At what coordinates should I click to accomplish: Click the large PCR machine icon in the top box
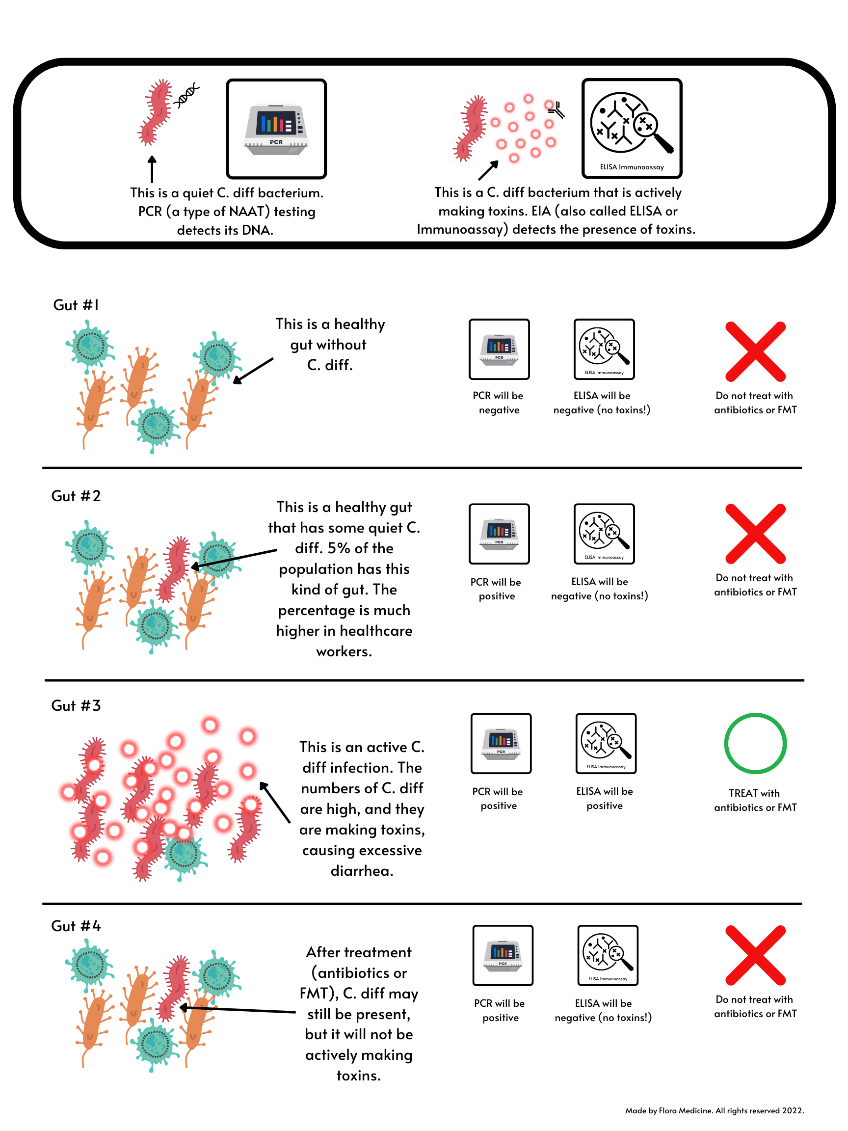(x=276, y=128)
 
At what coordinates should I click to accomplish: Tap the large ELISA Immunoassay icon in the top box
(x=632, y=128)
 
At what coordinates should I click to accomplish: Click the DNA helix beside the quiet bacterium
(x=186, y=95)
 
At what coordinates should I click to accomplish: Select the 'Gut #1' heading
(x=76, y=305)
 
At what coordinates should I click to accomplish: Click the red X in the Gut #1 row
(x=755, y=352)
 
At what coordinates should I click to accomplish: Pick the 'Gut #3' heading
(x=76, y=705)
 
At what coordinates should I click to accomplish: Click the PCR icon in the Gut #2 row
(x=499, y=534)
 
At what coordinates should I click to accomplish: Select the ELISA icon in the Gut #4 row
(x=607, y=955)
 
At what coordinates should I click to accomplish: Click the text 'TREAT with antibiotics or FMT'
(x=755, y=800)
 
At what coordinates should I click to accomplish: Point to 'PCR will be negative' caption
(x=499, y=403)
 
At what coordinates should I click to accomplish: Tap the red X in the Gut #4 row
(x=755, y=955)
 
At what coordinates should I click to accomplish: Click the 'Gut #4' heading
(x=76, y=926)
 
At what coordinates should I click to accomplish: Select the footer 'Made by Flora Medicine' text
(x=714, y=1110)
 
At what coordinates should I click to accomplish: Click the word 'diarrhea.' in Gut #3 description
(x=362, y=871)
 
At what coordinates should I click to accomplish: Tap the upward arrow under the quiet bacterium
(x=152, y=169)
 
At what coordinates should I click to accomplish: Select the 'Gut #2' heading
(x=76, y=496)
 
